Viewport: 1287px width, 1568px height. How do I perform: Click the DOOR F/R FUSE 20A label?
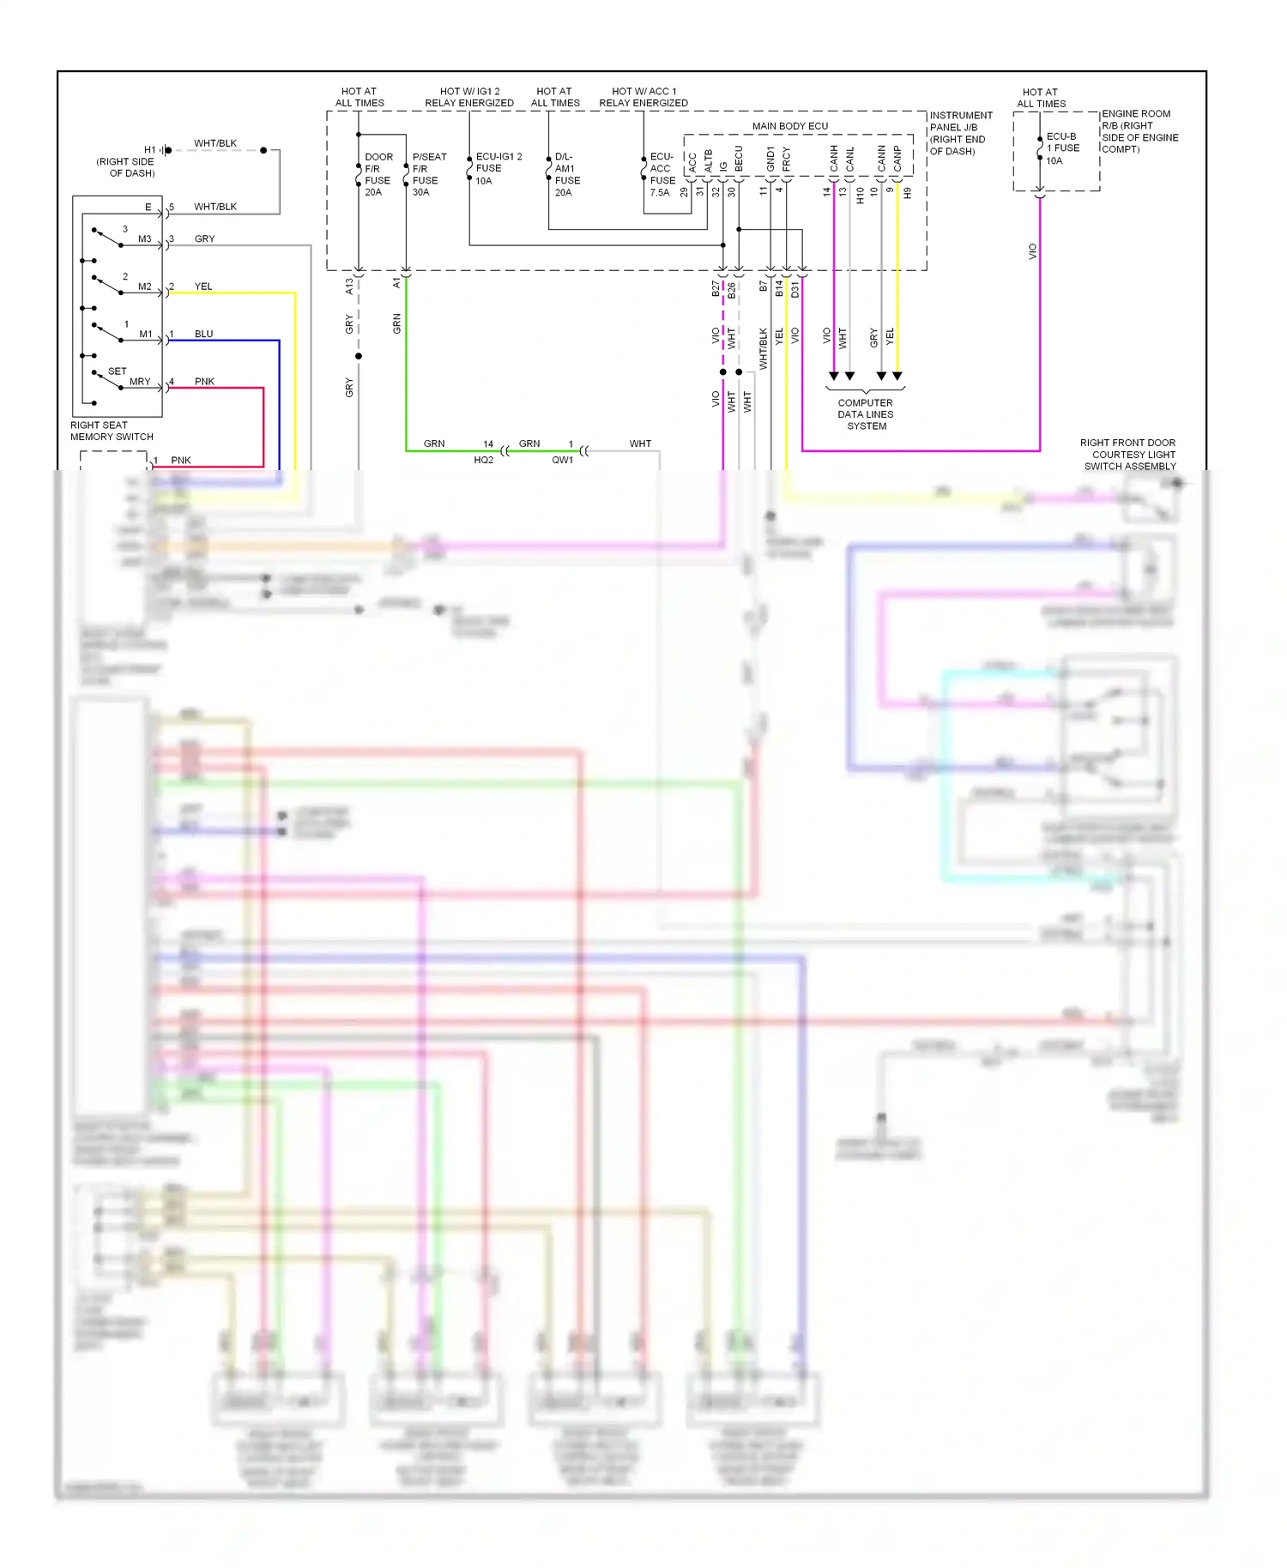pos(378,174)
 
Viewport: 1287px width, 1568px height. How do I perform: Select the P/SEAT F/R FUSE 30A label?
pos(428,174)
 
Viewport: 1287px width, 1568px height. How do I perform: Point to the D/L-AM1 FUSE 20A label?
pos(566,174)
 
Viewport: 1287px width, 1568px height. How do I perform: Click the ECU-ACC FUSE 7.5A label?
pos(662,174)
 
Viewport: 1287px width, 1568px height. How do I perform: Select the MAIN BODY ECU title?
pos(789,126)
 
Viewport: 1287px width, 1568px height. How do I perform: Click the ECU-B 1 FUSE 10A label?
pos(1061,148)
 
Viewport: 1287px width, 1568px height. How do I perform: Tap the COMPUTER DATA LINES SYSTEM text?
pos(865,414)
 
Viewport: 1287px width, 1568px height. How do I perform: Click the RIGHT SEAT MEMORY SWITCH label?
pos(111,431)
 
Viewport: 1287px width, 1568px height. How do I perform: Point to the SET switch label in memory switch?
pos(117,371)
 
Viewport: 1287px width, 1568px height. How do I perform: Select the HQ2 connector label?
pos(483,460)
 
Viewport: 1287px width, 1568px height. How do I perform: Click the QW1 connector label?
pos(562,460)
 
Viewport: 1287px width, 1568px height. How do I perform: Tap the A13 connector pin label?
pos(349,286)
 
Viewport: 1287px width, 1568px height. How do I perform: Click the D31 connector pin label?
pos(795,289)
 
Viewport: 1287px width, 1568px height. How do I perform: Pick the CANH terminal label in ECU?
pos(833,157)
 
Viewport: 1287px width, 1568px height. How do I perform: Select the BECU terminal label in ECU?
pos(738,158)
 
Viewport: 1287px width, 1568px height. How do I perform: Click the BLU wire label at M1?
pos(203,334)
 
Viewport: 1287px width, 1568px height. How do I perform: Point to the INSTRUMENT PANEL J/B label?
pos(960,133)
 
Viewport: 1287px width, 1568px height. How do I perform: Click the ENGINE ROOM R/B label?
pos(1139,131)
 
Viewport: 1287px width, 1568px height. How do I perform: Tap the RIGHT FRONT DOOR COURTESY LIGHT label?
pos(1128,455)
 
